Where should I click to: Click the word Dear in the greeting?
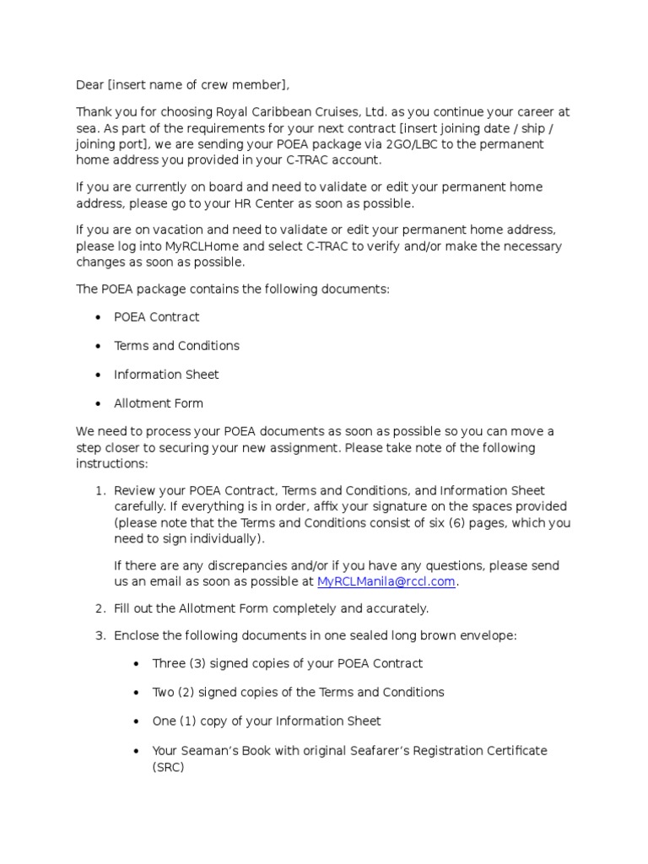(90, 84)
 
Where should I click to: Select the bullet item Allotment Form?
(159, 403)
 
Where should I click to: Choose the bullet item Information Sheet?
(166, 375)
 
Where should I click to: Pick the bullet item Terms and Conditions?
(176, 346)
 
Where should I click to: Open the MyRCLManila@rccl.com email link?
(386, 581)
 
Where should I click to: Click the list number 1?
(99, 491)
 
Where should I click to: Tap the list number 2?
(99, 608)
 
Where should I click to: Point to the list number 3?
(99, 635)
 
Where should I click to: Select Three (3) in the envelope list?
(179, 664)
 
